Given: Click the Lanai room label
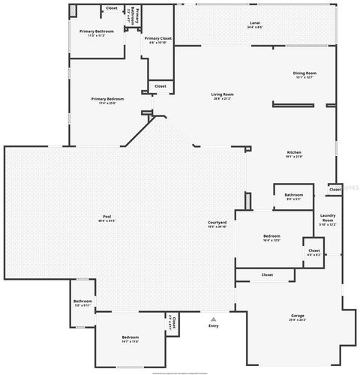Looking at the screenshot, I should tap(255, 23).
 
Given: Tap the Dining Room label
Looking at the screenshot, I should tap(304, 73).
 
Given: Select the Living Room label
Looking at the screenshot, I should tap(223, 94).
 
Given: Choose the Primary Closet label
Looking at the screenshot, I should tap(157, 37).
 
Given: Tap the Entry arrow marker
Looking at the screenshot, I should tap(213, 318).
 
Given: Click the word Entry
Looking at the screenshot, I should tap(214, 325).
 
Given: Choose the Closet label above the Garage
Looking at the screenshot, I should tap(267, 275).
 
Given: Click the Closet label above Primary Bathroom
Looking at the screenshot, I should tap(111, 7).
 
